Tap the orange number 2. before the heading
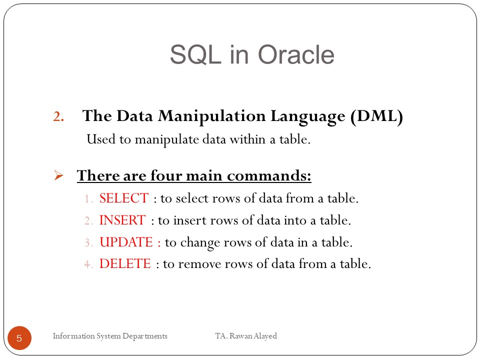tap(59, 117)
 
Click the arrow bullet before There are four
tap(58, 176)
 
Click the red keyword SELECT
tap(124, 198)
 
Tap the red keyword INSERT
tap(122, 220)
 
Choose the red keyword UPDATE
tap(126, 242)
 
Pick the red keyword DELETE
tap(125, 264)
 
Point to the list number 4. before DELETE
tap(88, 264)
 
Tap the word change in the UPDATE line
tap(197, 242)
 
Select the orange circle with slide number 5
tap(19, 338)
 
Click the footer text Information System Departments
tap(110, 336)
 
